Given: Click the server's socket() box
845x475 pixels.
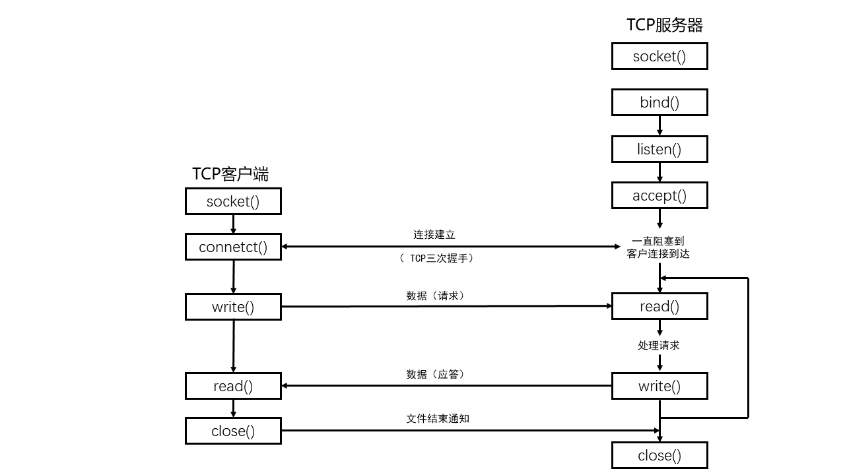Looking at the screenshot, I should (659, 56).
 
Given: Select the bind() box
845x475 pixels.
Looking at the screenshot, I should (659, 102).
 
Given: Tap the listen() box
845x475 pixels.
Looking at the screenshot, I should (659, 149).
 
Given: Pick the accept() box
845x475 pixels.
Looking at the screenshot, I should (659, 195).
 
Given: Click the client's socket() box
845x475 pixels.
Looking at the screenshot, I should (233, 201).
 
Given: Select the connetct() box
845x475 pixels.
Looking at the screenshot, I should (233, 247).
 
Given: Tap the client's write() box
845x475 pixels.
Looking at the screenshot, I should (233, 307).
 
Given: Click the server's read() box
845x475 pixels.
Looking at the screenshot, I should (659, 306).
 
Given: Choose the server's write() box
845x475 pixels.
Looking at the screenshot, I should (659, 386).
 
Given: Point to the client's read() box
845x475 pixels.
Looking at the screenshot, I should (233, 386).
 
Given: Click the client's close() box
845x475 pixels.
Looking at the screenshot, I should (233, 431).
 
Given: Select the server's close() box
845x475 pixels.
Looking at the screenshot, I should (659, 455).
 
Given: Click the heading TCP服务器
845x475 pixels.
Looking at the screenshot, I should (665, 25).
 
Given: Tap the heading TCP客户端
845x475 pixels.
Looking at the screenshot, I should (230, 174).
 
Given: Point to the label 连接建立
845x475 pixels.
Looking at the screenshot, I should (434, 234).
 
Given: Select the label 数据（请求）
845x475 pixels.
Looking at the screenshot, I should (436, 296).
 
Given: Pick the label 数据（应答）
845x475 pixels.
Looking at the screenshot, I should (436, 374).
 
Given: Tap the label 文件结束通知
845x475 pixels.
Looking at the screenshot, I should (438, 418).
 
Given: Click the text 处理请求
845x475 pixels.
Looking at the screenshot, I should (659, 345).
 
